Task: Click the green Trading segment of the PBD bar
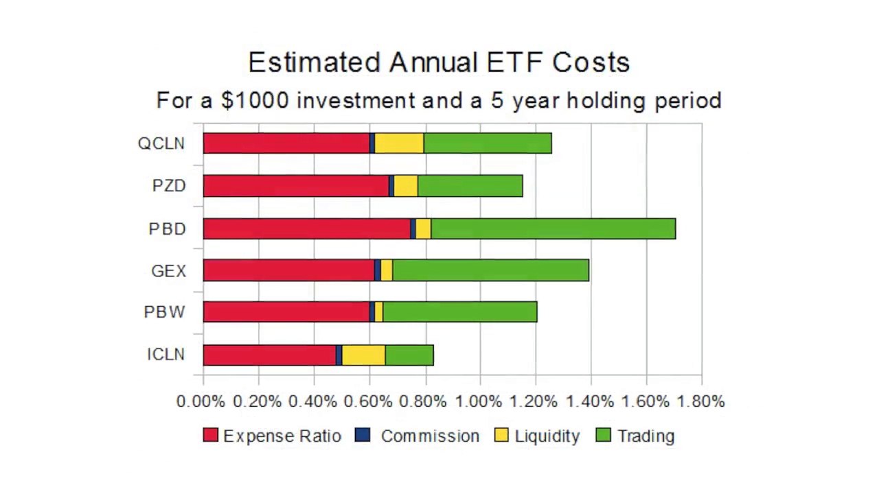[553, 228]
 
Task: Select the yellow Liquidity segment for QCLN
[399, 143]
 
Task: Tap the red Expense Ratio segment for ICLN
[269, 355]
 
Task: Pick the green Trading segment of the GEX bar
[490, 270]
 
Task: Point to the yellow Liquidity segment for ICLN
[363, 355]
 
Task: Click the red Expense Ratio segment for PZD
[296, 186]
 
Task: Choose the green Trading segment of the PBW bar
[459, 311]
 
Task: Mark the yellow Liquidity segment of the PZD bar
[405, 186]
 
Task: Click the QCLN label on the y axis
[161, 143]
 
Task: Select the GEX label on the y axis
[168, 271]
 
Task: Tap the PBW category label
[164, 312]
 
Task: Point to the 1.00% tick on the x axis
[479, 401]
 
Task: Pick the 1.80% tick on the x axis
[700, 401]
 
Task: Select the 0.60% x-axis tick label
[369, 401]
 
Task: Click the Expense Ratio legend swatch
[210, 435]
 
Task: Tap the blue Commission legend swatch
[363, 435]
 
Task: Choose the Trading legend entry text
[646, 436]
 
